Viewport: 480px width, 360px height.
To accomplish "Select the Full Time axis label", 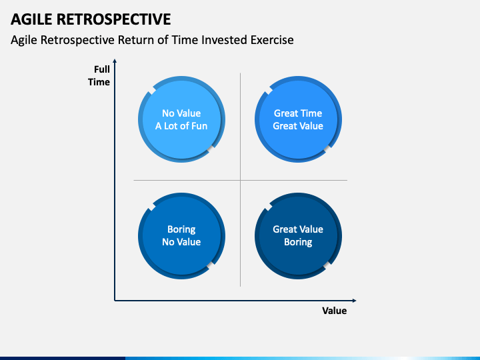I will tap(101, 75).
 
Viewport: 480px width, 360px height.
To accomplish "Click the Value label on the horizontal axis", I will tap(334, 311).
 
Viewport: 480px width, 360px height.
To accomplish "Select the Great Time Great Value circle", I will tap(298, 119).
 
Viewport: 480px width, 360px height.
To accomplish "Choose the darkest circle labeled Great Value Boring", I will tap(298, 235).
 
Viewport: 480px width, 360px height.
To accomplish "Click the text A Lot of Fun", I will tap(181, 126).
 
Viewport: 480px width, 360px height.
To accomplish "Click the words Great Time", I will tap(298, 113).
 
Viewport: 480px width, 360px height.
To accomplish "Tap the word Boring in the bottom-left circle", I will tap(181, 229).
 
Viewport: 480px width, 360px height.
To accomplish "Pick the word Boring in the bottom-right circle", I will tap(298, 242).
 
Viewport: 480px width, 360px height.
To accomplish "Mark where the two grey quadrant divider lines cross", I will tap(240, 180).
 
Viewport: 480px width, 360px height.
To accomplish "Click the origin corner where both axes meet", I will tap(115, 300).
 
